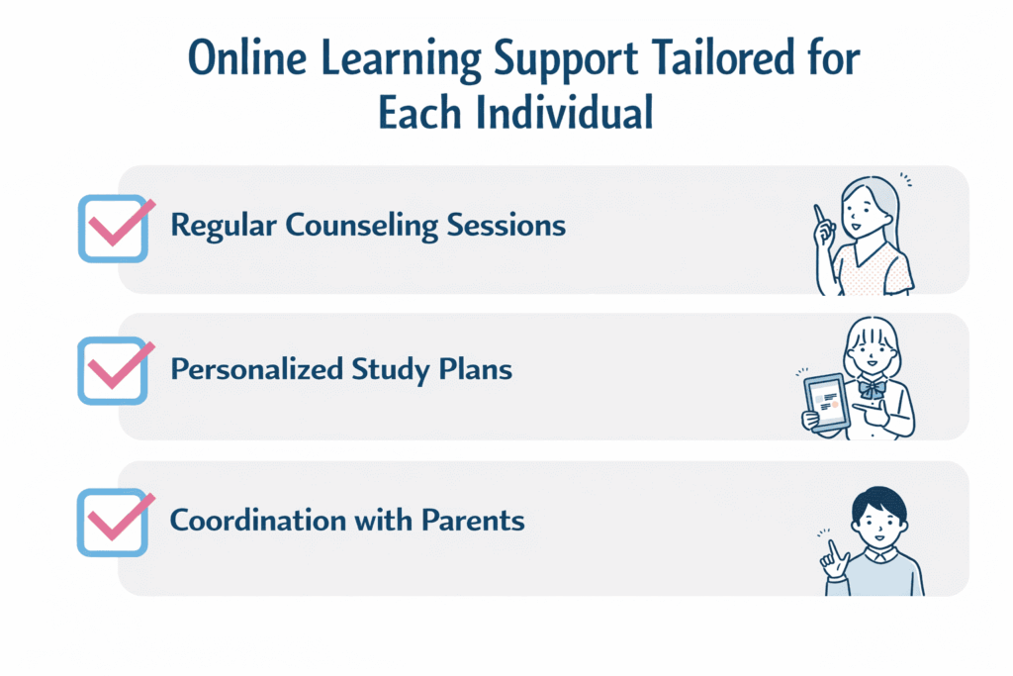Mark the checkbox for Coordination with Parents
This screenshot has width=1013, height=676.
pos(113,521)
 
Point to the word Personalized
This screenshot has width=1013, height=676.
pos(256,370)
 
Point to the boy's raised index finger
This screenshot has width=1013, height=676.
pos(832,547)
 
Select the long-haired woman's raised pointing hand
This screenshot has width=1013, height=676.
pos(821,220)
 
